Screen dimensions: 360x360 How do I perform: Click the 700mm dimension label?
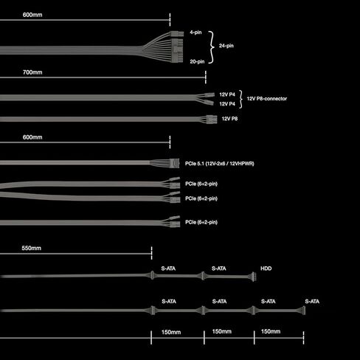pyautogui.click(x=32, y=72)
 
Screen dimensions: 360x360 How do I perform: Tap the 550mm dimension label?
pyautogui.click(x=31, y=248)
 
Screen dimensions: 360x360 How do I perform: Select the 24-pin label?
pyautogui.click(x=226, y=46)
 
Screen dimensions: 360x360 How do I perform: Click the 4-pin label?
pyautogui.click(x=195, y=32)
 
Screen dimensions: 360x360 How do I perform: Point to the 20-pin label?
pyautogui.click(x=197, y=61)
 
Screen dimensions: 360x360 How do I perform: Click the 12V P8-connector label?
pyautogui.click(x=267, y=99)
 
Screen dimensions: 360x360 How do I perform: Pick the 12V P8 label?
pyautogui.click(x=229, y=119)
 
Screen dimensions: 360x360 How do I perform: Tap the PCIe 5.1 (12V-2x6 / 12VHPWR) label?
pyautogui.click(x=220, y=164)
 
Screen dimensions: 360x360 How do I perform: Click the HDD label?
pyautogui.click(x=266, y=269)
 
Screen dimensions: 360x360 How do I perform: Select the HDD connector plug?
pyautogui.click(x=254, y=277)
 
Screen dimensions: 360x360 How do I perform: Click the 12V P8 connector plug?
pyautogui.click(x=212, y=120)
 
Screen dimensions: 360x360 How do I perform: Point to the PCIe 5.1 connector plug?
pyautogui.click(x=174, y=163)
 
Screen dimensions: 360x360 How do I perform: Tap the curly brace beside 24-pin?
pyautogui.click(x=211, y=47)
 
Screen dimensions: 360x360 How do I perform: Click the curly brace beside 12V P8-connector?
pyautogui.click(x=240, y=99)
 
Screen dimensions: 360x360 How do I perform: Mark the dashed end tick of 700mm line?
pyautogui.click(x=206, y=77)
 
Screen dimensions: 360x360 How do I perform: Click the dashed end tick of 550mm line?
pyautogui.click(x=151, y=253)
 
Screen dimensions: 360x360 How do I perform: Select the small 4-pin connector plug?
pyautogui.click(x=177, y=34)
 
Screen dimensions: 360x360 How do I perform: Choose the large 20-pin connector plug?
pyautogui.click(x=177, y=50)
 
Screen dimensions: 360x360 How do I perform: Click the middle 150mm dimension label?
pyautogui.click(x=222, y=331)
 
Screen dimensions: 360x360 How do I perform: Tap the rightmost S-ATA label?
pyautogui.click(x=312, y=301)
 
